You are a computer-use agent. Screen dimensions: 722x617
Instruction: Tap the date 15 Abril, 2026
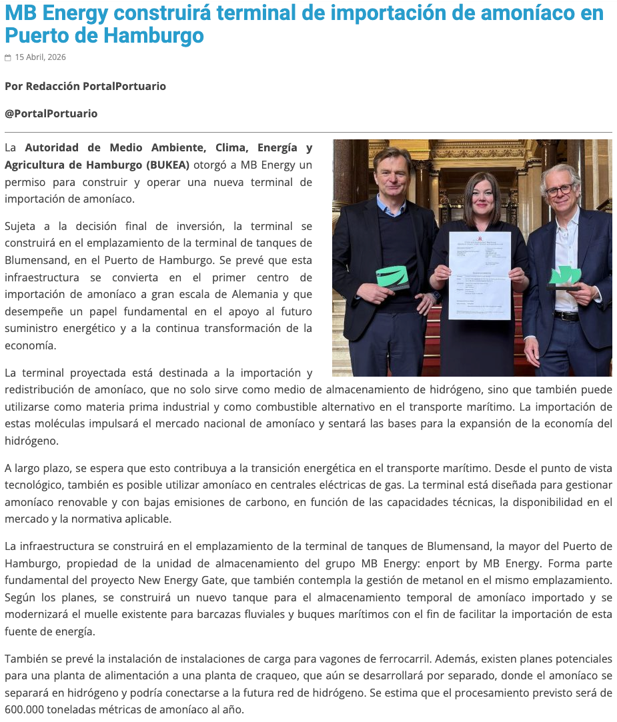point(40,57)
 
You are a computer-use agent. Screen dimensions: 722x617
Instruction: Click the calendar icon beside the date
point(8,58)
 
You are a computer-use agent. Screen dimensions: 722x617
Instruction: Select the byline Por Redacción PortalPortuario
point(85,86)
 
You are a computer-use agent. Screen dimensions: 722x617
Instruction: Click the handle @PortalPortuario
point(51,113)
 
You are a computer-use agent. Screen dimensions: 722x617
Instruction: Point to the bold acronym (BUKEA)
point(167,165)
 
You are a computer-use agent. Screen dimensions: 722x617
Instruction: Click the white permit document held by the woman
point(479,275)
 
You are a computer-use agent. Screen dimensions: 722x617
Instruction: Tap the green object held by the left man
point(392,277)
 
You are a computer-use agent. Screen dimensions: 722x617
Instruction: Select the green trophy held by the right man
point(565,274)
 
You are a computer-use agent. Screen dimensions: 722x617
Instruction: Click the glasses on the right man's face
point(560,190)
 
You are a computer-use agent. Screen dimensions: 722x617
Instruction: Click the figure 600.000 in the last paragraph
point(24,709)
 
